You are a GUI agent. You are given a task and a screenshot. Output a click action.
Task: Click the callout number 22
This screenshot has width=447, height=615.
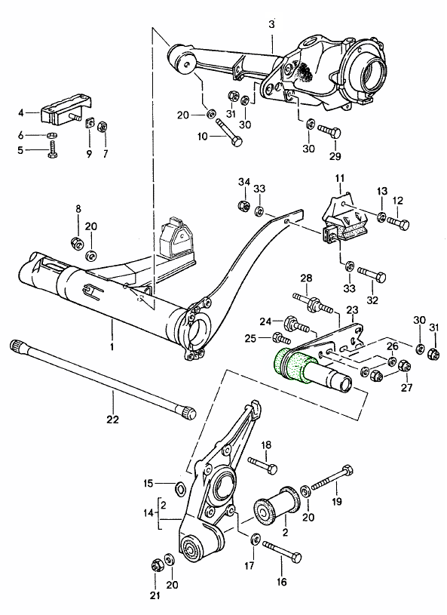[112, 420]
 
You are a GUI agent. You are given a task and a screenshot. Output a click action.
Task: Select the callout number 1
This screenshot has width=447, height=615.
[112, 346]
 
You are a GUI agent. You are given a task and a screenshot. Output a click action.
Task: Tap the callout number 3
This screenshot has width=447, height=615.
[271, 24]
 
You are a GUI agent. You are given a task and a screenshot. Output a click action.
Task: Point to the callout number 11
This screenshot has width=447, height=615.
[339, 178]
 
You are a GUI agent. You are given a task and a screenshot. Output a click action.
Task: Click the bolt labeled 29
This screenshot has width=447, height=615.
[329, 131]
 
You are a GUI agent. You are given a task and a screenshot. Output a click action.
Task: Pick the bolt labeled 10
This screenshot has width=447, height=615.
[229, 133]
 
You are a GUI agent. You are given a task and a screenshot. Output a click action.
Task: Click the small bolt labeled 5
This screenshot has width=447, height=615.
[53, 149]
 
